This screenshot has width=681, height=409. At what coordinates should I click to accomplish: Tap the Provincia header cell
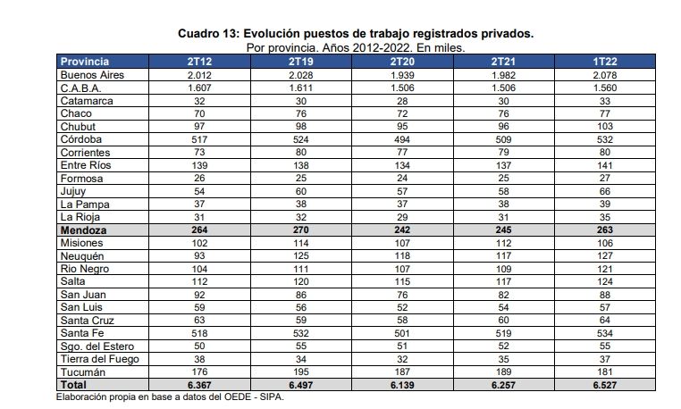pos(85,62)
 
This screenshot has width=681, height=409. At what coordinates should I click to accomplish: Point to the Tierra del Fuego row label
pos(97,358)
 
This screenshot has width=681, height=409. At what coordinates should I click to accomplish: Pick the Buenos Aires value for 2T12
pos(200,75)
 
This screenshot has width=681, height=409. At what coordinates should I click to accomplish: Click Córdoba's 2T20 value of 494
pos(401,139)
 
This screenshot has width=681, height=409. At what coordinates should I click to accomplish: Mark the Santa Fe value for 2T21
pos(502,332)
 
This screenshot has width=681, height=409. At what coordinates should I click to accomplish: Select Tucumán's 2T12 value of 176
pos(200,371)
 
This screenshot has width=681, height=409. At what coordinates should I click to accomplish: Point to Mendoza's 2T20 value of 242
pos(401,230)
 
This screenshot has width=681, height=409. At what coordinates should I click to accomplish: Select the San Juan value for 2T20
pos(401,294)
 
